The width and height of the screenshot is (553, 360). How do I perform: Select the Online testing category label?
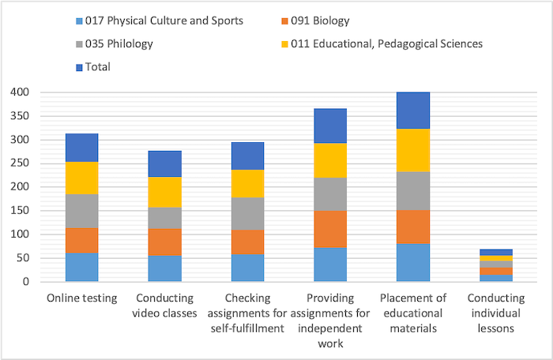82,298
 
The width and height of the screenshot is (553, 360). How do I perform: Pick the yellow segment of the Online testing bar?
82,178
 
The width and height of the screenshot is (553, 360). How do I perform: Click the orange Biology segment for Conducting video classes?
164,242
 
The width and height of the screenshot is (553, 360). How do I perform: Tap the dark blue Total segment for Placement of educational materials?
413,111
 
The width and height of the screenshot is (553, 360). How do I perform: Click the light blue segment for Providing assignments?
330,264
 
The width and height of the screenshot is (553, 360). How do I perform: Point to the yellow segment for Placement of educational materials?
413,150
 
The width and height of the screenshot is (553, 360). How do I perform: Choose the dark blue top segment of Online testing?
82,148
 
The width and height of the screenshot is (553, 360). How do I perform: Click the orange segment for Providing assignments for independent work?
330,229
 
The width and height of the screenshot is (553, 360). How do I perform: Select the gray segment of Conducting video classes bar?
164,218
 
